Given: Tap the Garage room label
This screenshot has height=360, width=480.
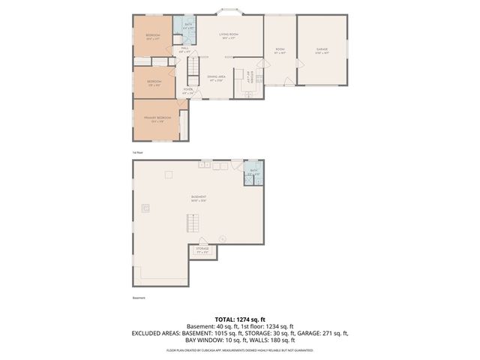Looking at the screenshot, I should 322,50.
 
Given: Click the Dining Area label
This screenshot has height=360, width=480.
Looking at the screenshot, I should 217,78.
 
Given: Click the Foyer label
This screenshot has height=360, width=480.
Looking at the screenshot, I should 187,91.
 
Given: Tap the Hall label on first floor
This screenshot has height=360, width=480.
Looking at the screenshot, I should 184,49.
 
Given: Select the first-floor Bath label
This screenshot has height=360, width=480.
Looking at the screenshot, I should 187,27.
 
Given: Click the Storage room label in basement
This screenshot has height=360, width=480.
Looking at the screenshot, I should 202,250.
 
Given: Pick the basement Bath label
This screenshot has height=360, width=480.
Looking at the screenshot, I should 253,172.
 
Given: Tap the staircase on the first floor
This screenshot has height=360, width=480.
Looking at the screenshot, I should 193,73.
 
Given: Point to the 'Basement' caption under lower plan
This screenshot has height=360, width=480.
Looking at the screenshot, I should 138,297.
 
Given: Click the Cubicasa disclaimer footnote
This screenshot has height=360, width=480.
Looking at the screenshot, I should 240,349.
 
